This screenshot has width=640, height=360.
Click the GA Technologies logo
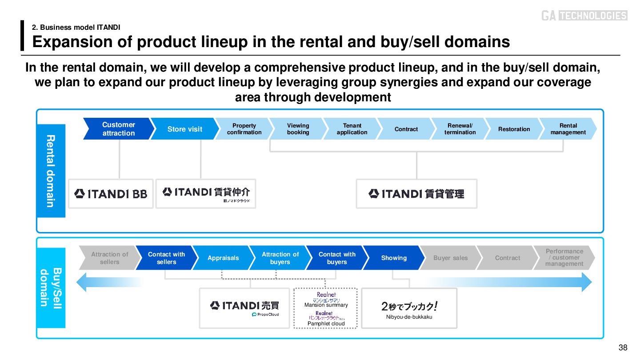tap(584, 16)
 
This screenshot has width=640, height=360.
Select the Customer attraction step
tap(118, 129)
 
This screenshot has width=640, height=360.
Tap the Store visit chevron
tap(184, 129)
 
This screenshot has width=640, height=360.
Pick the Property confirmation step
tap(244, 129)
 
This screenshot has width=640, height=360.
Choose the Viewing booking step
tap(298, 129)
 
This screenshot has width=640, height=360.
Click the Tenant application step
tap(352, 129)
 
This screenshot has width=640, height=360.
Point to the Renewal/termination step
tap(460, 129)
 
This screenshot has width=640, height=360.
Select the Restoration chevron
tap(514, 129)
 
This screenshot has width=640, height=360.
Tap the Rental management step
tap(568, 129)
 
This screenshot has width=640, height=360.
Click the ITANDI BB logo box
tap(111, 194)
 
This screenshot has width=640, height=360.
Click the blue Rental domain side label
tap(51, 171)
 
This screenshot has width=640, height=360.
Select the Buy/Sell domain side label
tap(51, 288)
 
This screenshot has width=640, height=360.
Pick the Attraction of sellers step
tap(109, 258)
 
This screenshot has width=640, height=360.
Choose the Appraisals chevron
tap(223, 258)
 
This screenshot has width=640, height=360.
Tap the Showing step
tap(394, 258)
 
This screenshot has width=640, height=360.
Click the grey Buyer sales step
tap(451, 258)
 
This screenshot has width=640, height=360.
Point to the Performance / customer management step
tap(564, 258)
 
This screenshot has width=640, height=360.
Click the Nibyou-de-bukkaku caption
tap(409, 317)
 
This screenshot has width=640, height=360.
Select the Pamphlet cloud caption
tap(326, 324)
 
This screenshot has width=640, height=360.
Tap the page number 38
tap(623, 348)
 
